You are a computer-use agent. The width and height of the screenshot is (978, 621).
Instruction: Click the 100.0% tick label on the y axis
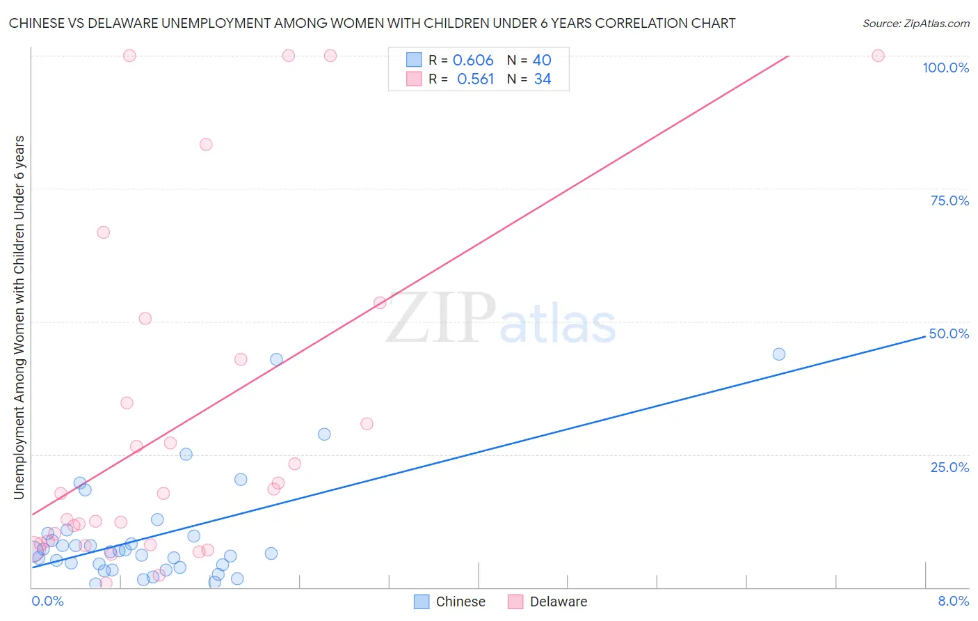tap(945, 68)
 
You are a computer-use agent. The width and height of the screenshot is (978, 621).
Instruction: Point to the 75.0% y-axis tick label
tap(949, 201)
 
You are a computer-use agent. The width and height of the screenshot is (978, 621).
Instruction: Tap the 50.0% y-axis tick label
tap(949, 333)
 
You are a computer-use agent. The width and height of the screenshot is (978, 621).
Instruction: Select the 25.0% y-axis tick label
tap(949, 466)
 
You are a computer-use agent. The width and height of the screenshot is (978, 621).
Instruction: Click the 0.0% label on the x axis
tap(47, 601)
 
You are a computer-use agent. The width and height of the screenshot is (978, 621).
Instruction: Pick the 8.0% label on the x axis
tap(953, 601)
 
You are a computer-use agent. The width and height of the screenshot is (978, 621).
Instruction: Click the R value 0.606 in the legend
tap(473, 61)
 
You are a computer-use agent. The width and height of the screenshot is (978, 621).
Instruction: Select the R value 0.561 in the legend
tap(475, 79)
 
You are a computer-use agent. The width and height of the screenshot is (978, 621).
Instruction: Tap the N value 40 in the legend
tap(542, 61)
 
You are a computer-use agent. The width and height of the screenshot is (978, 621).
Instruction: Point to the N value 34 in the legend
tap(543, 79)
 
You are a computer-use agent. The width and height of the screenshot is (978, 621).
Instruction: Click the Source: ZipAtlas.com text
tap(915, 23)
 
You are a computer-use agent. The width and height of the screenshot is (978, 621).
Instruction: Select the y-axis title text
tap(19, 317)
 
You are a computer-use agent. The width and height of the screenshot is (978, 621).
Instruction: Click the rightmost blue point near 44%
tap(779, 354)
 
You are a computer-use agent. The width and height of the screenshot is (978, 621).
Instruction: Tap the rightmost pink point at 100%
tap(878, 56)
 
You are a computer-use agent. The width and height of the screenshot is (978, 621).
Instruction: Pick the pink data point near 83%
tap(206, 145)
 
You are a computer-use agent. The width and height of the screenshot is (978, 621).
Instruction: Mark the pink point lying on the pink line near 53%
tap(380, 303)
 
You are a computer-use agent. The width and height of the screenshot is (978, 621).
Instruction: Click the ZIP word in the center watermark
tap(441, 318)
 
